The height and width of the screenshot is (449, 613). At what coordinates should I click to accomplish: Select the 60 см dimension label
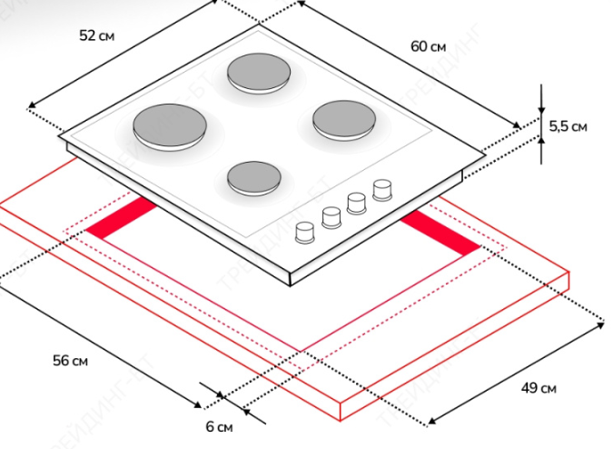click(x=428, y=46)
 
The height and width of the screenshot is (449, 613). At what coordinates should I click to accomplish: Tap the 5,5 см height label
click(x=568, y=126)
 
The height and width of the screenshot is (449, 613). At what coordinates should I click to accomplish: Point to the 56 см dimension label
click(x=70, y=361)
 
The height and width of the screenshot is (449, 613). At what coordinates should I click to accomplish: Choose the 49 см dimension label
click(x=538, y=389)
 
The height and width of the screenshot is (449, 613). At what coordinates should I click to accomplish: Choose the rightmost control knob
click(x=382, y=188)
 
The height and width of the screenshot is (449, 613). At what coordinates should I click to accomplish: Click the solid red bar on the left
click(x=122, y=221)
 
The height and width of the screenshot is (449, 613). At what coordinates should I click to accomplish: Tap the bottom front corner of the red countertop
click(x=342, y=419)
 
